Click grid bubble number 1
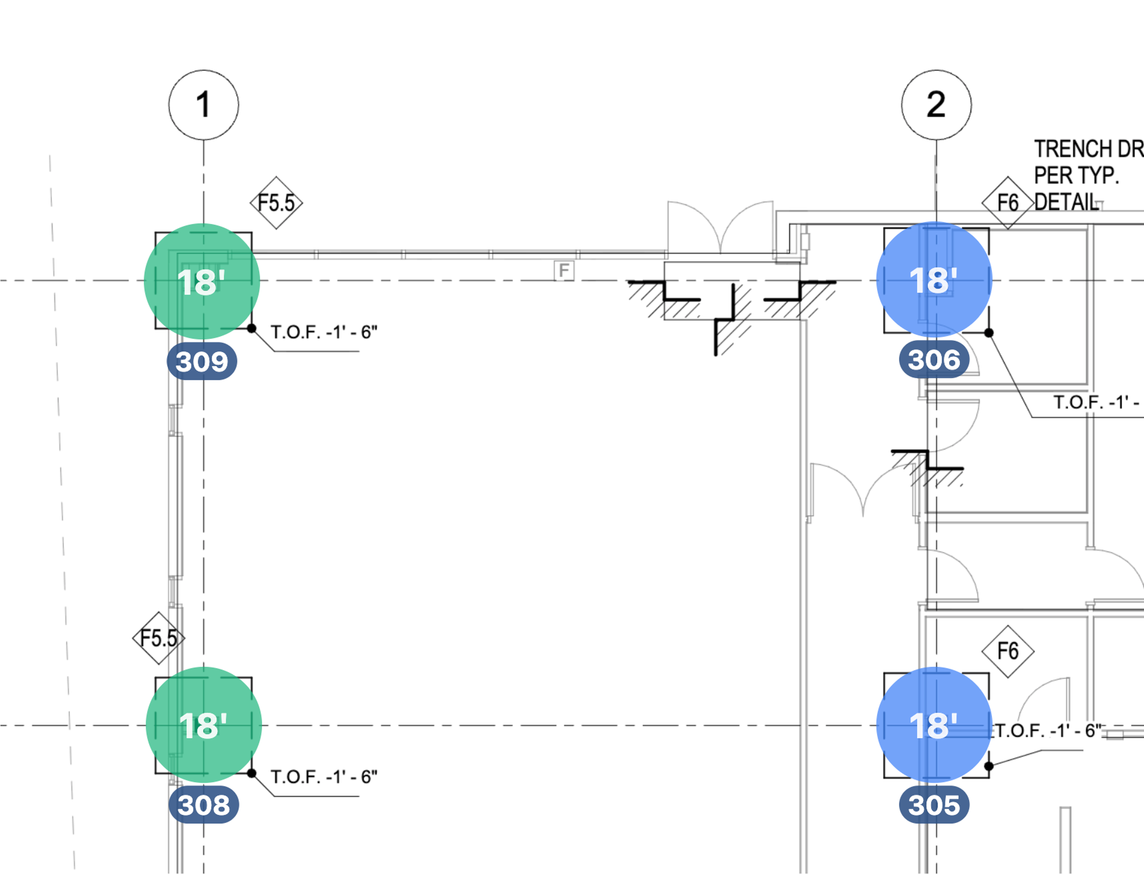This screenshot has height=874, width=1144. (x=204, y=105)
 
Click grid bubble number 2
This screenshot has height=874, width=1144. (x=936, y=105)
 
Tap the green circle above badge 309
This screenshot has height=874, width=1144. (x=202, y=282)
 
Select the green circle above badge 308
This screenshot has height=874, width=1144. (x=204, y=725)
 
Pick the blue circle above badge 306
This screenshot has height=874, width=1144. (x=934, y=280)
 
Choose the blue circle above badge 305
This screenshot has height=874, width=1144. (x=934, y=725)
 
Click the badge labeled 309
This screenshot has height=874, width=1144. (x=202, y=361)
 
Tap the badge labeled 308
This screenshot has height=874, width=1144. (x=204, y=805)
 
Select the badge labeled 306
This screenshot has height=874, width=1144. (x=934, y=359)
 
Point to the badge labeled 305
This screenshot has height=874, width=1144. (x=934, y=805)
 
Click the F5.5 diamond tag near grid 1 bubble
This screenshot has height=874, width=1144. (x=277, y=203)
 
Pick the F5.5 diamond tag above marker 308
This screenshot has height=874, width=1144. (x=159, y=638)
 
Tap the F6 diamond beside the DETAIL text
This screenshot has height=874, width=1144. (x=1007, y=203)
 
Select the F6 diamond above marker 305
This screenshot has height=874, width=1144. (x=1007, y=651)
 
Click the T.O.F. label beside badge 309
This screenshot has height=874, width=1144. (x=324, y=332)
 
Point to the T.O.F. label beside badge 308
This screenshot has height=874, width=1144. (x=324, y=777)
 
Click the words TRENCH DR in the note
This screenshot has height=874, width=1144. (x=1088, y=149)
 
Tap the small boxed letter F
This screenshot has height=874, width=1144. (x=564, y=270)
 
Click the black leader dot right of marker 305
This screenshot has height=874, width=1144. (x=989, y=766)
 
